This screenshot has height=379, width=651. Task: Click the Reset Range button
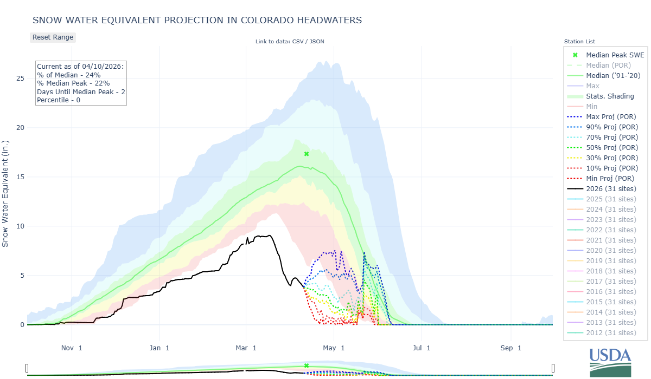(53, 37)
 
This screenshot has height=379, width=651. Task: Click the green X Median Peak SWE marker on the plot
(307, 154)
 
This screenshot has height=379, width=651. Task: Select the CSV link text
(303, 41)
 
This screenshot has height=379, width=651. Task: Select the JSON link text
(317, 41)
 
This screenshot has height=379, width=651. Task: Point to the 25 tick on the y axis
(20, 79)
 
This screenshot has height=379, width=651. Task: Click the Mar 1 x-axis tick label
(246, 348)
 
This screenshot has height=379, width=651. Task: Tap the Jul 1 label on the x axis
(421, 348)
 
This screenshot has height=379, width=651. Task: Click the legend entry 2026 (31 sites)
(611, 188)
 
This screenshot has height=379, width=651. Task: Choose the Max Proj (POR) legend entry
(610, 116)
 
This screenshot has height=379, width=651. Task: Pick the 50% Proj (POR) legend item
(610, 147)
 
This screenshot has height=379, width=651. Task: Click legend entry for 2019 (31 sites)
(611, 260)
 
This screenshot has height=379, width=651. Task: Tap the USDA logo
(610, 362)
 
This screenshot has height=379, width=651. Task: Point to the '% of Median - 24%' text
(69, 75)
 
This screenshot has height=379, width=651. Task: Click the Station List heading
(579, 41)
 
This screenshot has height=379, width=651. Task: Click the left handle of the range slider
(27, 369)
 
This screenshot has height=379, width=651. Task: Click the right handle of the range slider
(553, 369)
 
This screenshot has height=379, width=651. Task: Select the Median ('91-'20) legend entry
(613, 75)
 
